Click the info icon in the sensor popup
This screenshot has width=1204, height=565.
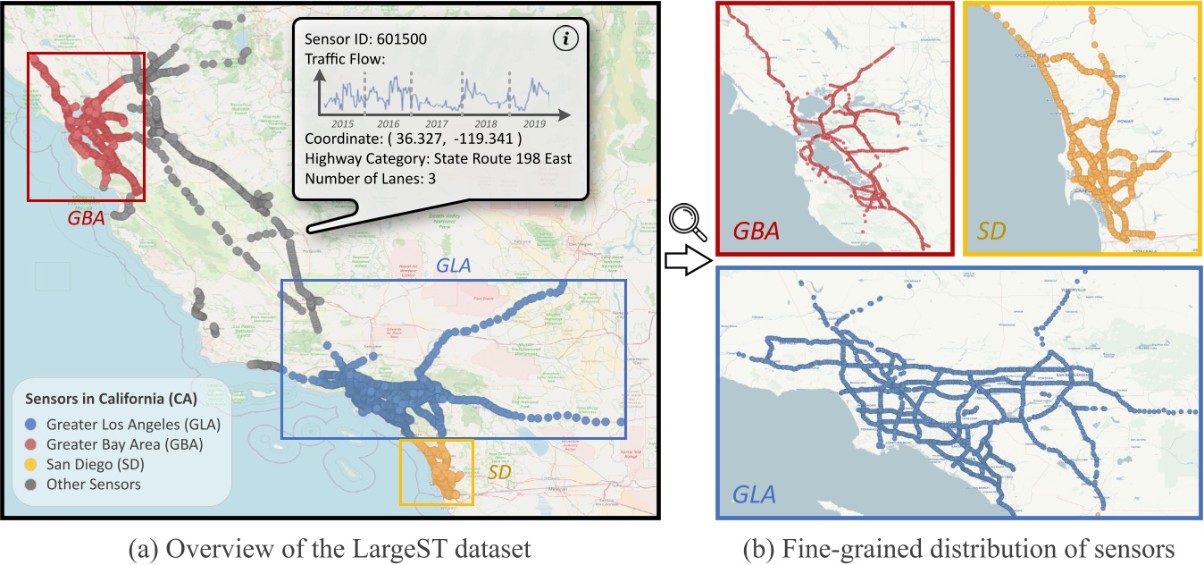click(564, 39)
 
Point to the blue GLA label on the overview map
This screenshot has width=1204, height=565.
click(456, 265)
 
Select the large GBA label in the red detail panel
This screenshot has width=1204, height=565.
click(756, 231)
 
